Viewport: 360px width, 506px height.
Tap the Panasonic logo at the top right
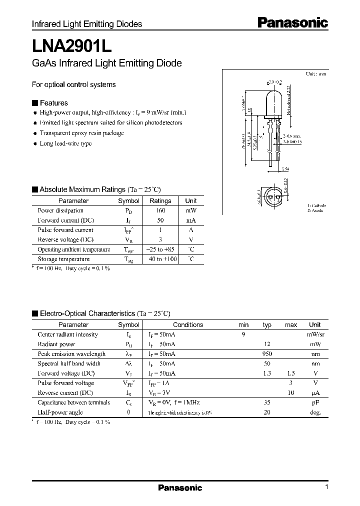(292, 22)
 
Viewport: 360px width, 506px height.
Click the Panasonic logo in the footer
(180, 488)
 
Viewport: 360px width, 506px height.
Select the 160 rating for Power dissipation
(160, 210)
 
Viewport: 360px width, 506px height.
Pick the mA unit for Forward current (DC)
(191, 220)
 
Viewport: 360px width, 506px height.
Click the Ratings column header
(160, 200)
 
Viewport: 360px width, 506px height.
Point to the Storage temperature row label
(63, 259)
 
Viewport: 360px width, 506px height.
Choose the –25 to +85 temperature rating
(160, 249)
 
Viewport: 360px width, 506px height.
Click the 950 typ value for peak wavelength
(266, 354)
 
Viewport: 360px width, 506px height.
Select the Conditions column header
(188, 324)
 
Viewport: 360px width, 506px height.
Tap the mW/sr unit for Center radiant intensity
(314, 334)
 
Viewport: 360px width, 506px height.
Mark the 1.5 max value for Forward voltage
(290, 373)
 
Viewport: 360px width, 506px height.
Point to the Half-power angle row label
(60, 412)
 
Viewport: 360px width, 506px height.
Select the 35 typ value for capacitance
(266, 402)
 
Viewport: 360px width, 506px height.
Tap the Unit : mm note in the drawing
(316, 74)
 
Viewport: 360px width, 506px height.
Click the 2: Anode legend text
(315, 210)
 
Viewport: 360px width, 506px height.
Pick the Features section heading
(53, 103)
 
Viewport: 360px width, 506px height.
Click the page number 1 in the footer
(326, 487)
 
